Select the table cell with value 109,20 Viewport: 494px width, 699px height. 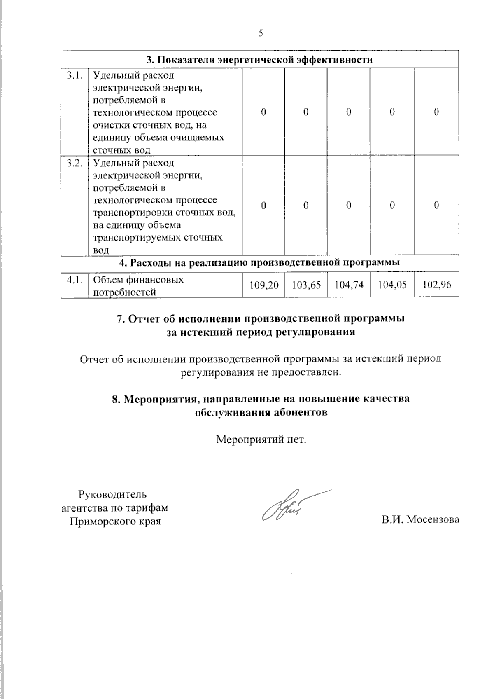coord(263,285)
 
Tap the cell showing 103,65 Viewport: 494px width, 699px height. coord(306,285)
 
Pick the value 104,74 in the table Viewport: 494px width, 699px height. coord(349,285)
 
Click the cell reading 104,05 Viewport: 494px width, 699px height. coord(392,285)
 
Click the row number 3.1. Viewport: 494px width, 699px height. coord(75,76)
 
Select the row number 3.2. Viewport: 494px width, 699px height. coord(75,163)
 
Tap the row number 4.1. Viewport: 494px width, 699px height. coord(75,280)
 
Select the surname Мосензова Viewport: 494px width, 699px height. coord(433,520)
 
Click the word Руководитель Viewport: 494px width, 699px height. coord(112,494)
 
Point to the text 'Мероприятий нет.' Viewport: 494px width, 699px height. coord(262,440)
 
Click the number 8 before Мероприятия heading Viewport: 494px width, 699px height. coord(115,399)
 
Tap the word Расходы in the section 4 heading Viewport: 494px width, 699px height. coord(150,262)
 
